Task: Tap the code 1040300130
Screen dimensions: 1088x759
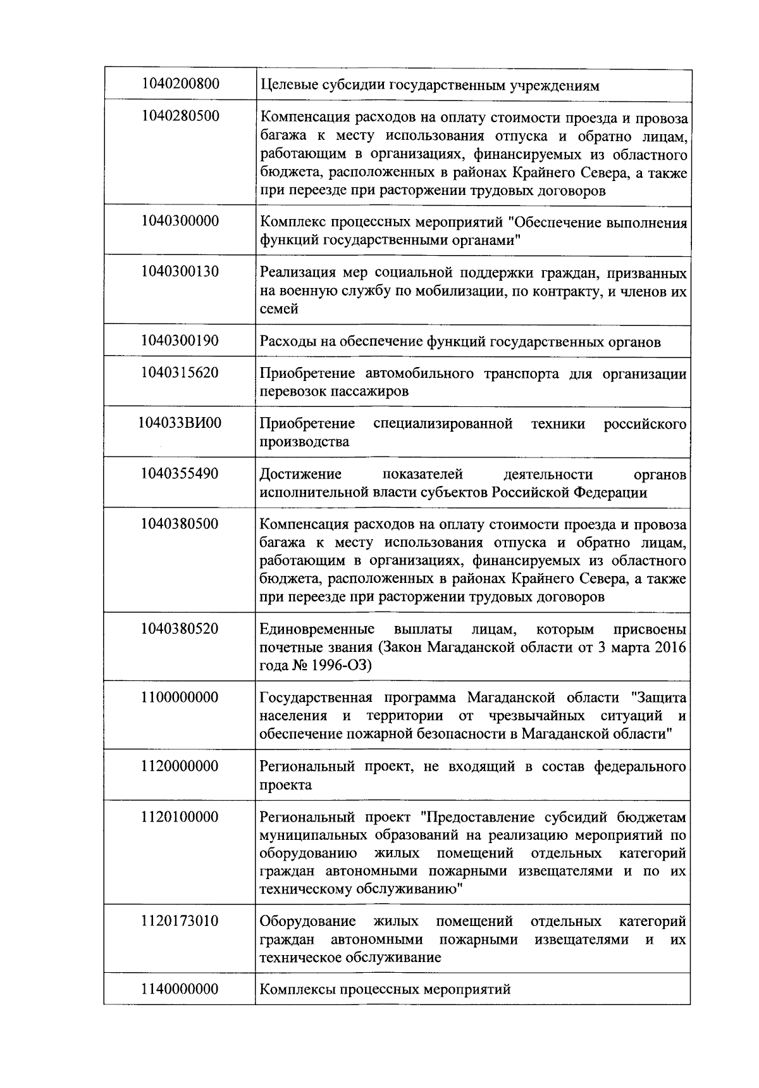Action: pyautogui.click(x=180, y=272)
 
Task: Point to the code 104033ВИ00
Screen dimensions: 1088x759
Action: pyautogui.click(x=180, y=423)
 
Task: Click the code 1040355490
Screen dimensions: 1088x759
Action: pyautogui.click(x=180, y=473)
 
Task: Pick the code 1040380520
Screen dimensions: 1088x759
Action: pyautogui.click(x=180, y=628)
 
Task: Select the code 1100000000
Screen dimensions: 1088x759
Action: pyautogui.click(x=180, y=697)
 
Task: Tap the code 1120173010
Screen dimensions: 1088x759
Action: pyautogui.click(x=180, y=921)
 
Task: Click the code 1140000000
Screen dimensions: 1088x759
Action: pyautogui.click(x=180, y=989)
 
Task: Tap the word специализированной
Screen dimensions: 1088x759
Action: pyautogui.click(x=443, y=423)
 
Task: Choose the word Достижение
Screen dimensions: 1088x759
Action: pyautogui.click(x=300, y=475)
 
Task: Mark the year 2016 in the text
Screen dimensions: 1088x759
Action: pyautogui.click(x=670, y=647)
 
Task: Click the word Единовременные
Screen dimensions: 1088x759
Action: pyautogui.click(x=317, y=630)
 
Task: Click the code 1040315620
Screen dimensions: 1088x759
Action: pyautogui.click(x=180, y=372)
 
